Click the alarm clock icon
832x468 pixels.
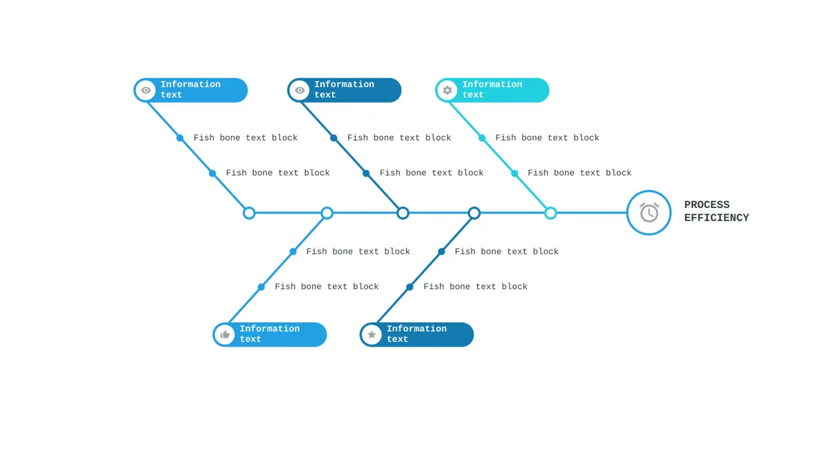tap(649, 213)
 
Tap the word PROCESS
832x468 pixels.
tap(707, 205)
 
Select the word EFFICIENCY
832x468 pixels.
tap(716, 218)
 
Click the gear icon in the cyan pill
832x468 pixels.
tap(448, 90)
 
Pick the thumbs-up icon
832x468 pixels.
tap(225, 335)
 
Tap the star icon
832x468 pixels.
tap(372, 335)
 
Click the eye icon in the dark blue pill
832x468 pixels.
tap(300, 90)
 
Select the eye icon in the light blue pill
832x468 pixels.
tap(146, 90)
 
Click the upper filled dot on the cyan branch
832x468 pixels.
tap(482, 138)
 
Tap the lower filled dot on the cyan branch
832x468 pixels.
tap(514, 173)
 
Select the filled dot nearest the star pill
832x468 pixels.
tap(410, 287)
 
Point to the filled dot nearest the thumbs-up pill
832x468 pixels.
tap(261, 287)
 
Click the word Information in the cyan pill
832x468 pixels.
tap(492, 85)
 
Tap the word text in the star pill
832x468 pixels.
tap(397, 339)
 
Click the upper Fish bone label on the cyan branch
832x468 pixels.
tap(547, 138)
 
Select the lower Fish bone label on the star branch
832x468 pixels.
tap(476, 287)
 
